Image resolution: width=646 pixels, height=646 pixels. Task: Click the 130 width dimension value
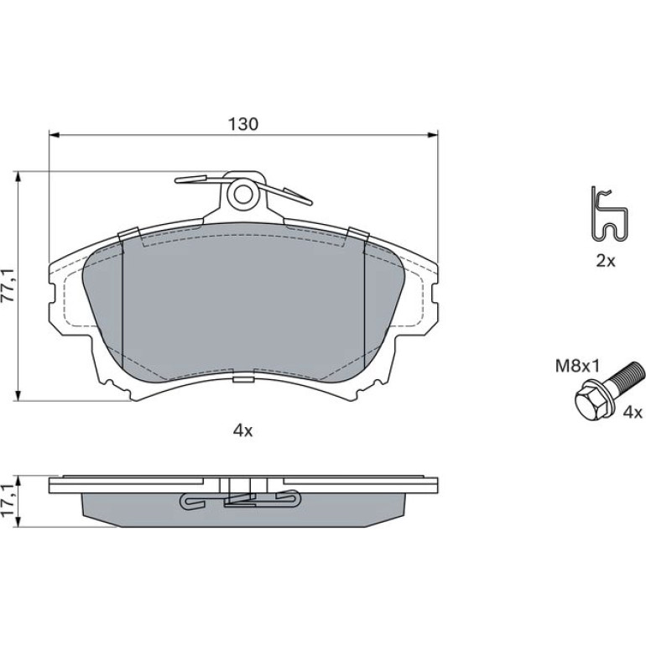[243, 123]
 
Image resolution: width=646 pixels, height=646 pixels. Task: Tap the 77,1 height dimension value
[9, 285]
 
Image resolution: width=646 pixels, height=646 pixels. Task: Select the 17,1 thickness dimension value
[9, 501]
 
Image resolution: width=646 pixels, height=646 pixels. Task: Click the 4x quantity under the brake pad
[242, 431]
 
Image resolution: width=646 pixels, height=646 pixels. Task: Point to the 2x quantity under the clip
[605, 261]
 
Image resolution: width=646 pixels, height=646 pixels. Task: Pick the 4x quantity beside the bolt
[633, 413]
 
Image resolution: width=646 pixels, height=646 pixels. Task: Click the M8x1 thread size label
[577, 366]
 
